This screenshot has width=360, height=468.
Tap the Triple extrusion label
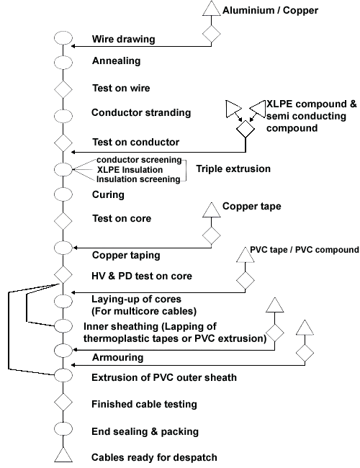233,168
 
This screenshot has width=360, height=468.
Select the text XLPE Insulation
130,169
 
